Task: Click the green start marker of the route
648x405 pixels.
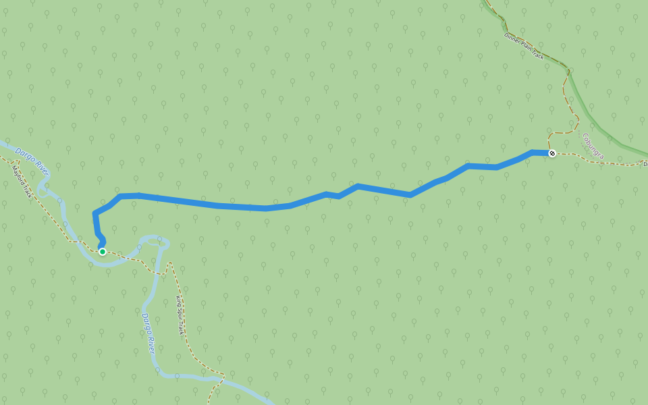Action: (103, 252)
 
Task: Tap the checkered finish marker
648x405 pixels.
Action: (552, 154)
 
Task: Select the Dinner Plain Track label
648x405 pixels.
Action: (524, 46)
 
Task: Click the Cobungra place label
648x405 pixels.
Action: (593, 146)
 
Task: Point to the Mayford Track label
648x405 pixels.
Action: (22, 182)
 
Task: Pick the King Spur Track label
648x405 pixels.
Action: (180, 316)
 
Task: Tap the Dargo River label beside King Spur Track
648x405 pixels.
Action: (148, 333)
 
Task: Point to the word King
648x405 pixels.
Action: (178, 301)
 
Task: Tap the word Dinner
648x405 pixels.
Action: (512, 38)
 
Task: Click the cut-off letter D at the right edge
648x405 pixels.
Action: (645, 164)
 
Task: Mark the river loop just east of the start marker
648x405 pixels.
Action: (154, 240)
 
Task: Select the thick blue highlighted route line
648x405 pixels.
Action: (270, 207)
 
